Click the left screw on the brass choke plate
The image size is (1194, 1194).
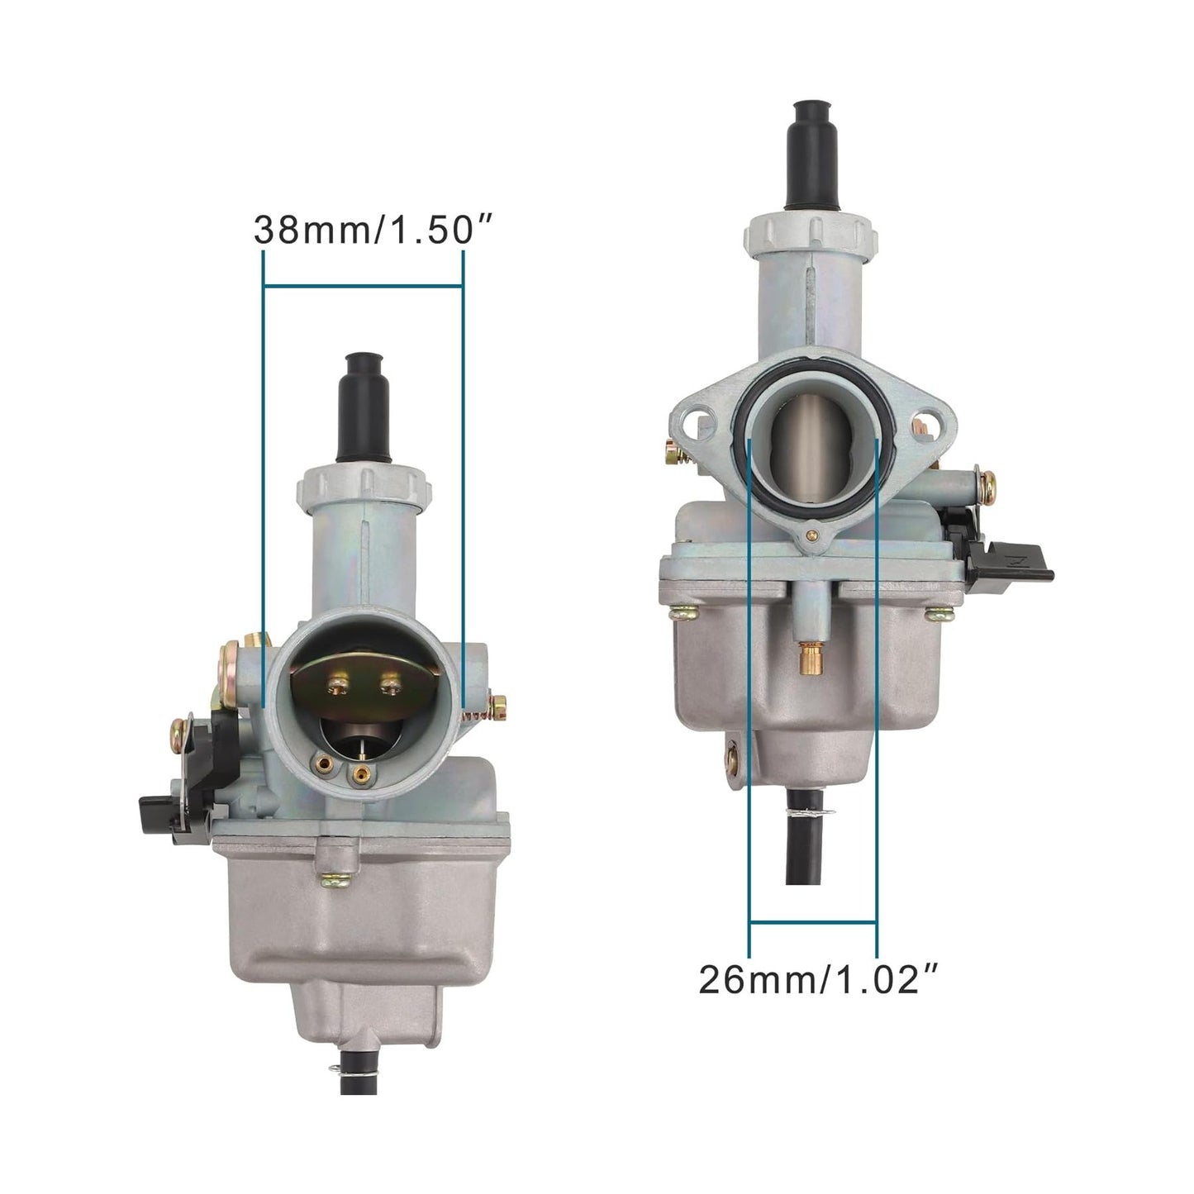337,683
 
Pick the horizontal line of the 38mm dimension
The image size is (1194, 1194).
362,286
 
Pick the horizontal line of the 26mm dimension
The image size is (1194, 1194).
812,922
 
